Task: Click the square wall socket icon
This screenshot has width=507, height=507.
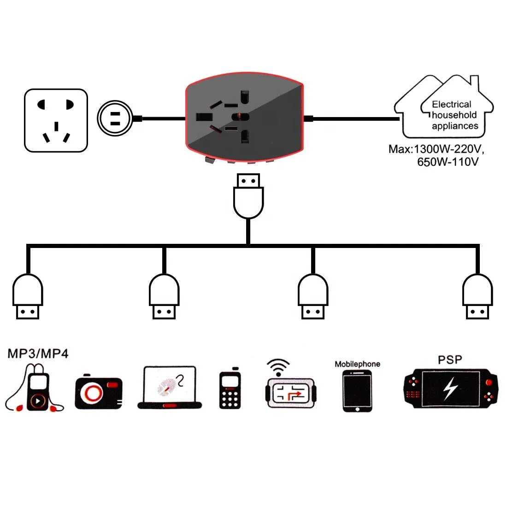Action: click(x=56, y=120)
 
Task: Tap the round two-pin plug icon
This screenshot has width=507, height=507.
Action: click(x=115, y=118)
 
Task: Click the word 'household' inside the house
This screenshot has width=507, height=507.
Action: click(x=454, y=115)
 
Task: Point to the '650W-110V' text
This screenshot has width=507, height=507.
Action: click(x=448, y=162)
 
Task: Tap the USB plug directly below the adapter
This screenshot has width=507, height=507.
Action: click(x=248, y=196)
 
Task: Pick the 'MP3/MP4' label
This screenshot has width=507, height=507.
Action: click(x=38, y=354)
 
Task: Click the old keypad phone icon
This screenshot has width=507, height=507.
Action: click(x=230, y=389)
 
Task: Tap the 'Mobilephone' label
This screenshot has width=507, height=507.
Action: click(x=357, y=364)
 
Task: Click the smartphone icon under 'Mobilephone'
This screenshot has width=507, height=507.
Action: click(x=357, y=391)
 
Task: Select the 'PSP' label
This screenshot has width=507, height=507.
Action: click(x=449, y=360)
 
